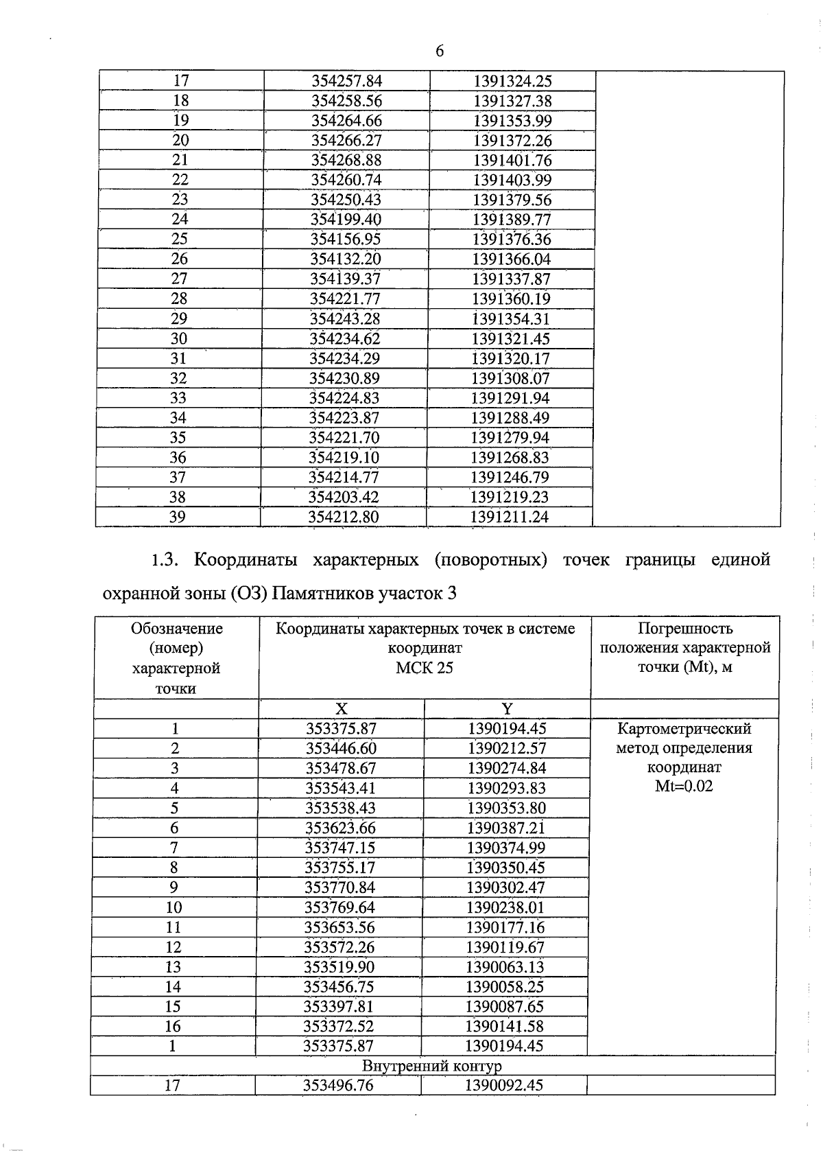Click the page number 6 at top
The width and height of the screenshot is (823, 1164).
coord(439,51)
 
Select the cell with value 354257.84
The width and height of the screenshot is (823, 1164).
coord(346,81)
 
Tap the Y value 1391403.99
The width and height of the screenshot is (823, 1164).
coord(512,181)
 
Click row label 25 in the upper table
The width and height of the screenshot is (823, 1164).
coord(180,240)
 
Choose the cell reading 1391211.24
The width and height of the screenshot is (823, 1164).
coord(509,517)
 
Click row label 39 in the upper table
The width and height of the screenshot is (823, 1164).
coord(177,517)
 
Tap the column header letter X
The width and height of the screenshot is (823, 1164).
coord(341,710)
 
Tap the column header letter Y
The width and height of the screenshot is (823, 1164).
coord(507,710)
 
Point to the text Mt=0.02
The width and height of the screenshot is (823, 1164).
coord(684,787)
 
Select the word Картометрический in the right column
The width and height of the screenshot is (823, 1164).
coord(684,729)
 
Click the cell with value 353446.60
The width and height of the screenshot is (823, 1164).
coord(341,749)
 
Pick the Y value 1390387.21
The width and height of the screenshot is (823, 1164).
coord(505,828)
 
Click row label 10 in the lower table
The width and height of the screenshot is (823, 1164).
coord(174,908)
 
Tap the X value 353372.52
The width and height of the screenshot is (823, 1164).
coord(339,1027)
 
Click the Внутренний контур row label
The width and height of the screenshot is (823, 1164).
coord(431,1067)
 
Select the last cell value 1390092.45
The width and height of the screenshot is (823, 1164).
coord(503,1086)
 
